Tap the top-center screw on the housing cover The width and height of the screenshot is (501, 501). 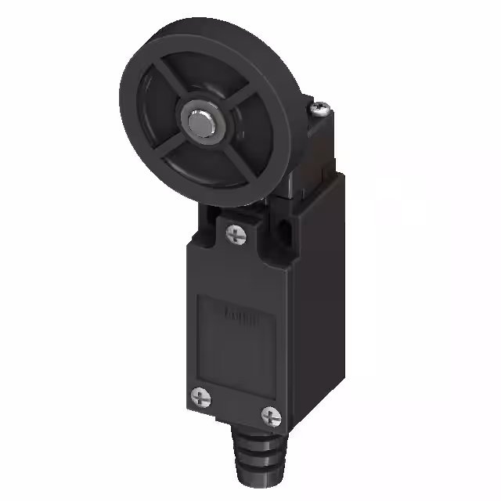tap(234, 232)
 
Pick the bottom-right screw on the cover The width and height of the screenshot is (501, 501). tap(270, 414)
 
